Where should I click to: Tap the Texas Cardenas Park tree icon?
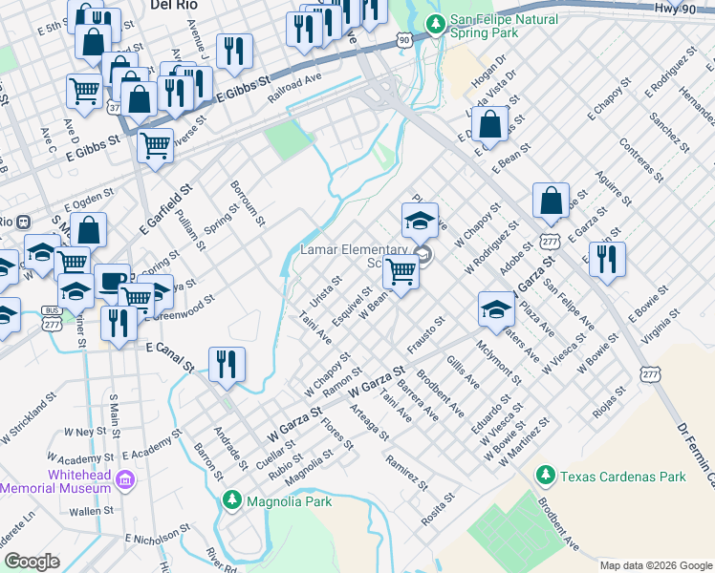tap(546, 475)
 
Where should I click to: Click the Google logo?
tap(32, 562)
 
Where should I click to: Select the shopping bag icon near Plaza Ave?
tap(551, 202)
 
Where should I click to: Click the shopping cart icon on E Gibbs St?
tap(155, 146)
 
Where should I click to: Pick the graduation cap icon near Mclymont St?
tap(496, 309)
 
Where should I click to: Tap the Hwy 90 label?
tap(675, 8)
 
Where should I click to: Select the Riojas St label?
tap(608, 401)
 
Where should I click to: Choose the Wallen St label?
tap(92, 511)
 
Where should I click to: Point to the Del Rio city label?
tap(173, 5)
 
